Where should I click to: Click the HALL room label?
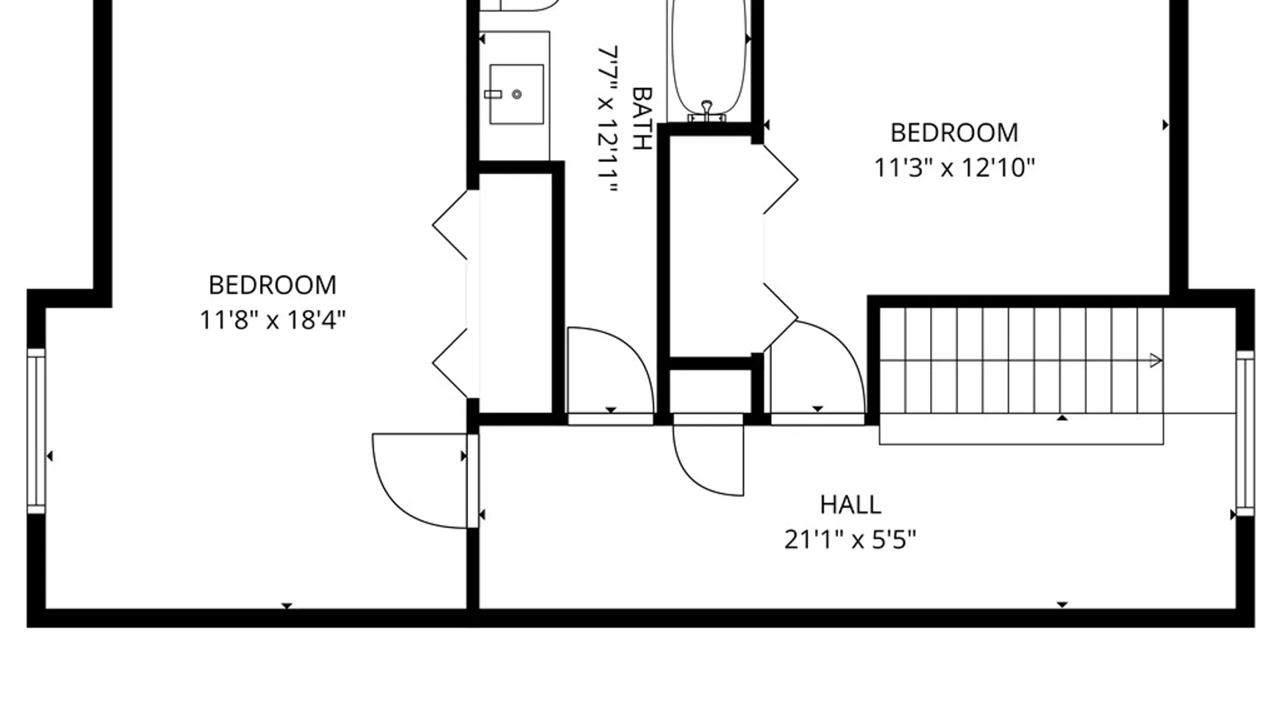(x=850, y=505)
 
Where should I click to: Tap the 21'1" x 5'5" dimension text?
(x=850, y=539)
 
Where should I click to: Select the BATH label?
(x=641, y=118)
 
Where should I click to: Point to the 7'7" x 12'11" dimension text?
(x=607, y=119)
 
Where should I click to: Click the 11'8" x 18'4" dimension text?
(x=273, y=320)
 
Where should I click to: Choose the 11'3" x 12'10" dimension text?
(x=954, y=167)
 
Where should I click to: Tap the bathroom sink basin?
(x=516, y=94)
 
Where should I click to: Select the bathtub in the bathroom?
(x=707, y=61)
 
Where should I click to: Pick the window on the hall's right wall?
(x=1245, y=433)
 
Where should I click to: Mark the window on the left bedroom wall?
(x=36, y=431)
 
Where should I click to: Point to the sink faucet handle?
(x=493, y=95)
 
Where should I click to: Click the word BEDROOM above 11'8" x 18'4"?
(x=273, y=285)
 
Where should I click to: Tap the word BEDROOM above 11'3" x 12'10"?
(x=954, y=133)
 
